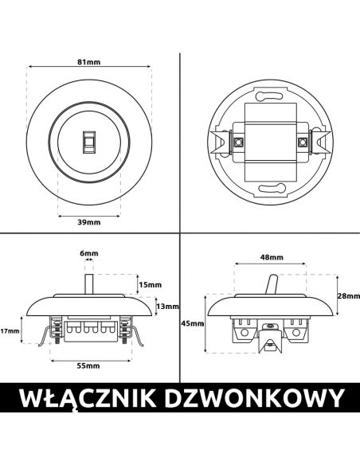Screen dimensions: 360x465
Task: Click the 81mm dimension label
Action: pos(89,62)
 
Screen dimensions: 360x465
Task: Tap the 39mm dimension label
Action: pos(89,222)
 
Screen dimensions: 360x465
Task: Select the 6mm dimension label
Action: pos(89,253)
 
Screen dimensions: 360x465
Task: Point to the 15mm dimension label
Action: pos(151,285)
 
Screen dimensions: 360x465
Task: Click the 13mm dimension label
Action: pos(167,307)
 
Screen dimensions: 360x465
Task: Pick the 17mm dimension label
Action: pos(10,330)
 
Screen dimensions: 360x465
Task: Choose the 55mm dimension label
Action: pos(88,365)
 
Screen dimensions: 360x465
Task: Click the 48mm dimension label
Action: pos(272,257)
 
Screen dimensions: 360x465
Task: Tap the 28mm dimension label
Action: pos(349,295)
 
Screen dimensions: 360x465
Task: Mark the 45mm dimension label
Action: pos(193,323)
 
